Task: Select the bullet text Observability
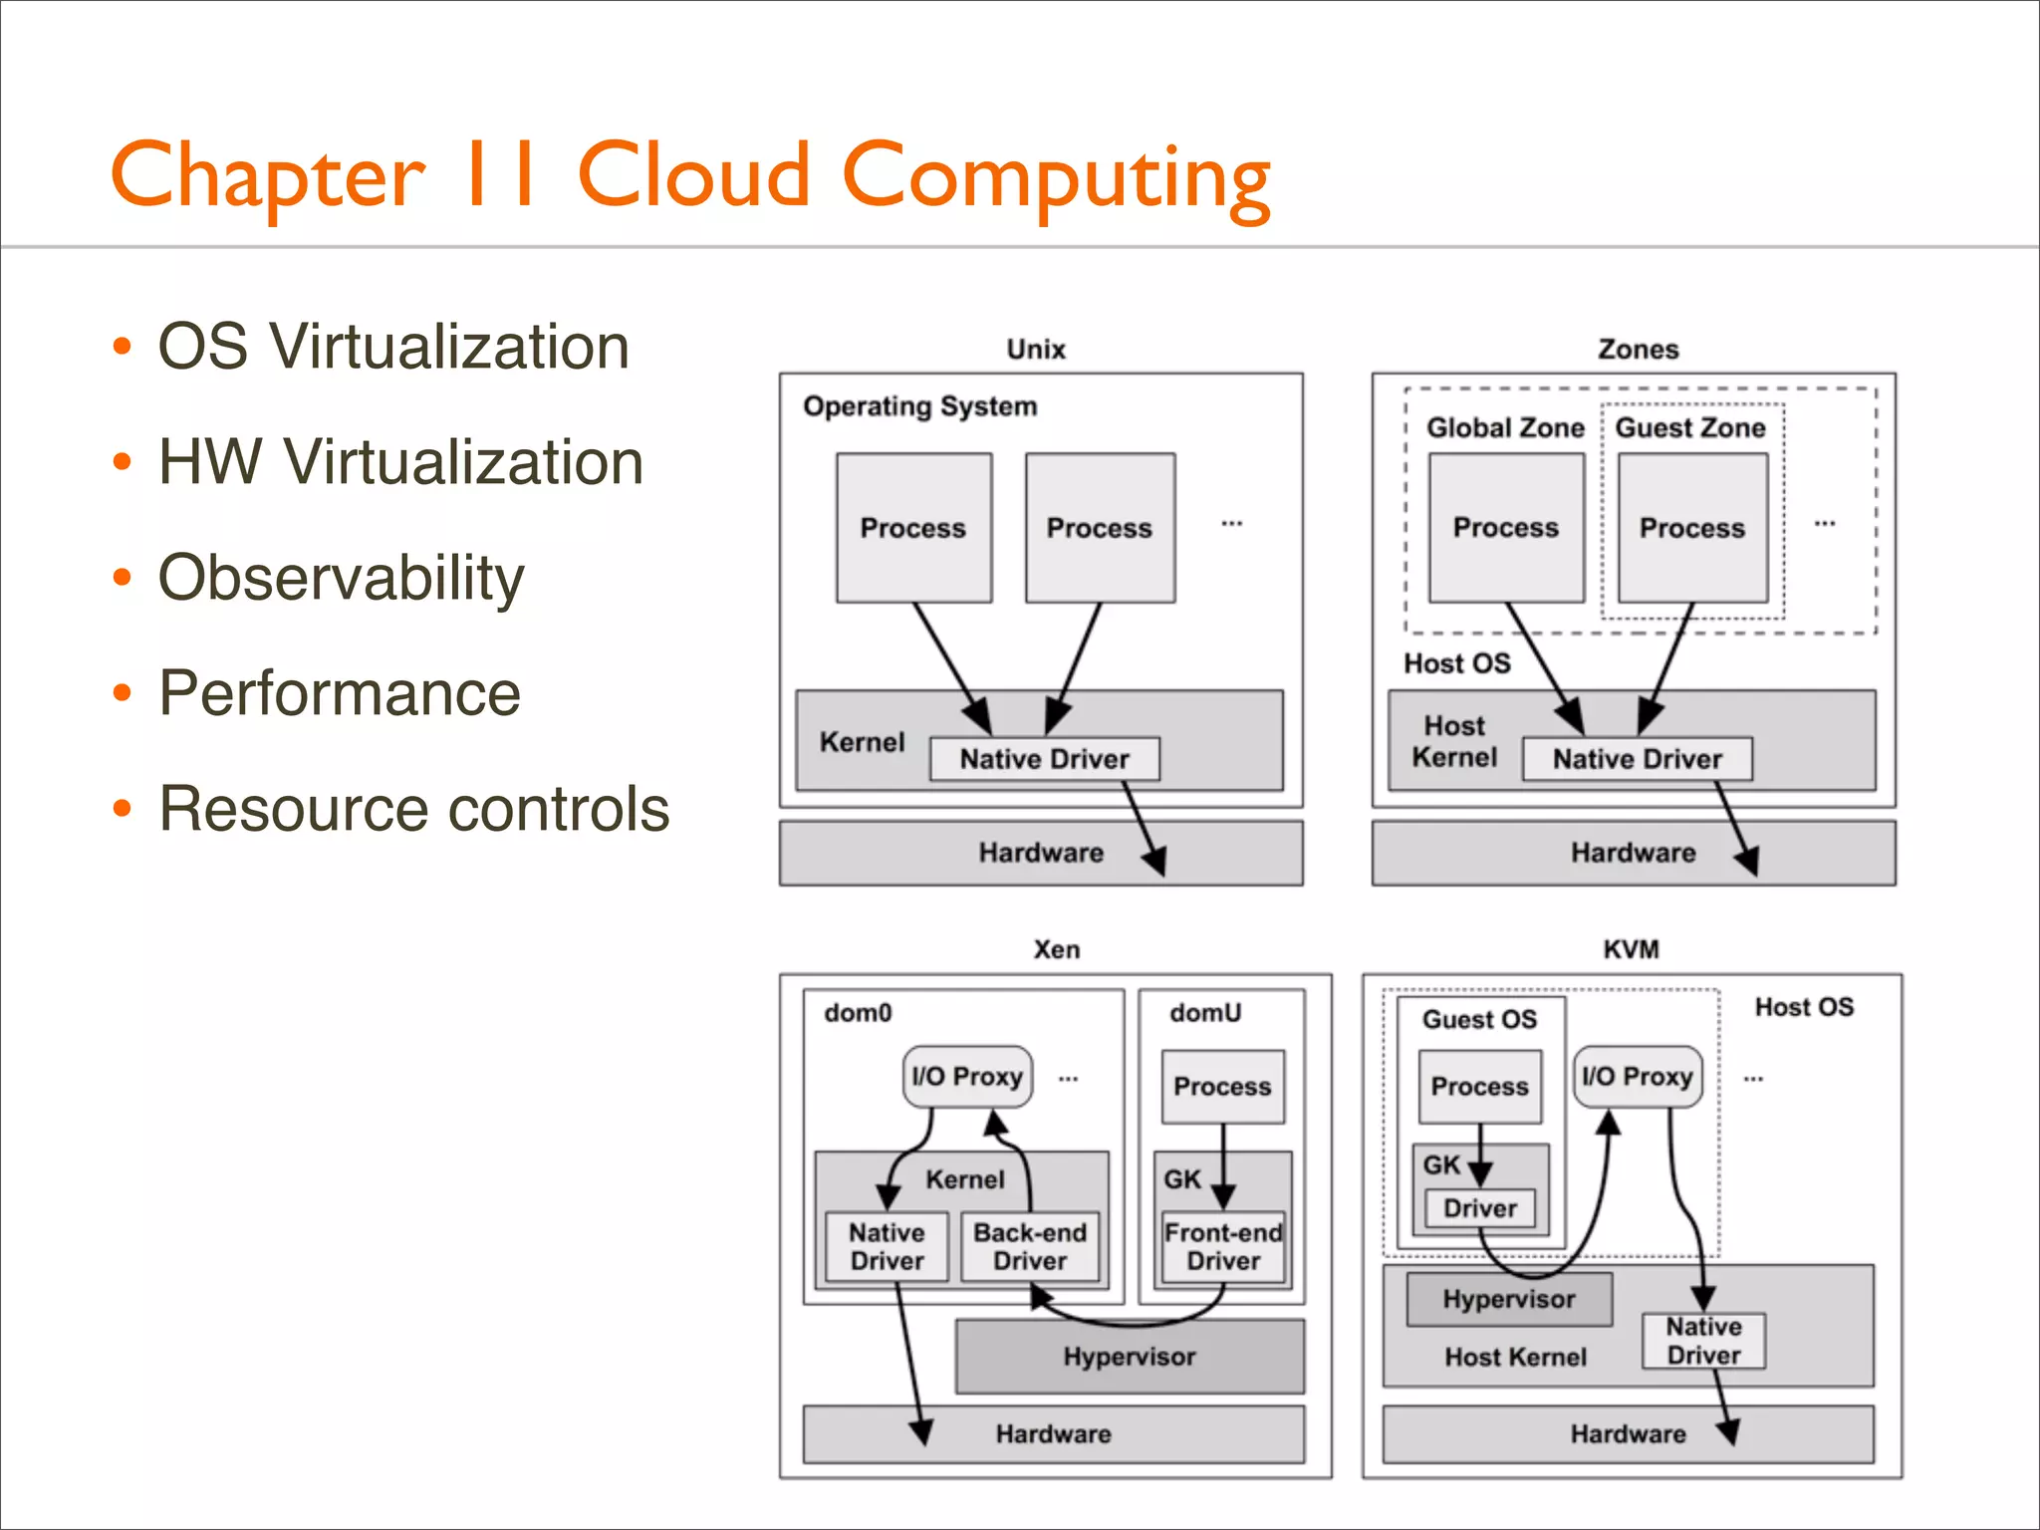point(341,578)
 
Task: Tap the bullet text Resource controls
point(413,808)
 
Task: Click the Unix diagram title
point(1035,350)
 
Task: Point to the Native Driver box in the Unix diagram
point(1044,759)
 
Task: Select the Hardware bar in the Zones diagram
point(1633,853)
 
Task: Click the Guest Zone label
point(1689,428)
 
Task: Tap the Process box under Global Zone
point(1505,528)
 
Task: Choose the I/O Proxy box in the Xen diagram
point(967,1077)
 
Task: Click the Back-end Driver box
point(1030,1247)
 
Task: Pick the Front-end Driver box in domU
point(1223,1247)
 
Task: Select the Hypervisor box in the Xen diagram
point(1129,1357)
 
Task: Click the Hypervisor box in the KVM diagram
point(1508,1300)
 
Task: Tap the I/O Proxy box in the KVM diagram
point(1638,1077)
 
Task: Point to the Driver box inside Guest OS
point(1480,1208)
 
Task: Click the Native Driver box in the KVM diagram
point(1703,1341)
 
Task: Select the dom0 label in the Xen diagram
point(858,1013)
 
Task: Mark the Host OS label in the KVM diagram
point(1804,1007)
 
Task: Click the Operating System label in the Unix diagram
point(919,406)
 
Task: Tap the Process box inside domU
point(1222,1087)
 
